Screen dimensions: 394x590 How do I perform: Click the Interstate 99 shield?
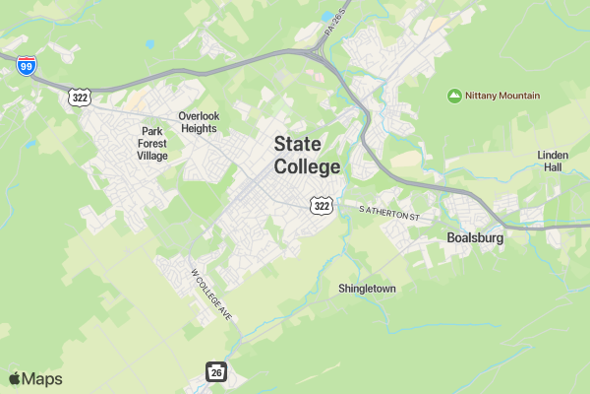coord(28,65)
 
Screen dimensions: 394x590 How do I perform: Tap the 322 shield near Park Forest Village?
coord(80,97)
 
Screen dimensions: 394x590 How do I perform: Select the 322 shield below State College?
coord(320,205)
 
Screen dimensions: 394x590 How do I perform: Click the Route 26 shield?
coord(216,371)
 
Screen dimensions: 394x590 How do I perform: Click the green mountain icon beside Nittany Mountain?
coord(454,96)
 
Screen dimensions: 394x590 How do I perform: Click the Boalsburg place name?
coord(475,237)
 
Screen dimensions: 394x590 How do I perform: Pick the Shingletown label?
coord(367,289)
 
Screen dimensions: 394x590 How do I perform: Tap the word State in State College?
coord(298,144)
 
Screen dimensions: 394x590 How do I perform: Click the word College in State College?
coord(307,166)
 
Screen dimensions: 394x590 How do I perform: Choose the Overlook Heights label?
coord(198,122)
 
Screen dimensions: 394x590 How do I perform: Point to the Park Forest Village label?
coord(151,143)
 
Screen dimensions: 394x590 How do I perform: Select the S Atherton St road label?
coord(389,212)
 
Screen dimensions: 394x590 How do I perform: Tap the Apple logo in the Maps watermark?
coord(15,379)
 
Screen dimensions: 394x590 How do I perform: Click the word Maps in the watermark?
coord(42,379)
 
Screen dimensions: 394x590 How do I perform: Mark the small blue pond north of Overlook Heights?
coord(149,44)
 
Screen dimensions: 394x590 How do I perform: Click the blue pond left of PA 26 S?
coord(325,17)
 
